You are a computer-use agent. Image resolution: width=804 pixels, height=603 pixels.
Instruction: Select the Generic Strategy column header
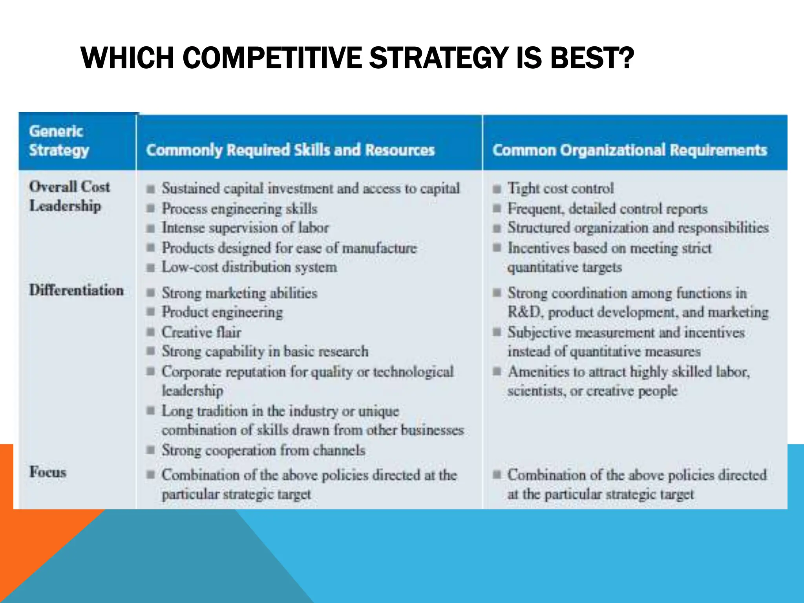pos(59,141)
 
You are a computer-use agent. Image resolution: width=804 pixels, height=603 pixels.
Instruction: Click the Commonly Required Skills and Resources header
pos(291,150)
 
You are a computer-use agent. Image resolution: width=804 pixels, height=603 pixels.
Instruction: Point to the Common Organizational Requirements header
pos(630,150)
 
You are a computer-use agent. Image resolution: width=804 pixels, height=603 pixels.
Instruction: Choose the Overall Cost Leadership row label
pos(69,196)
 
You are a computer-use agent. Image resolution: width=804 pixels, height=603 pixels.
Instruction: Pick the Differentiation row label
pos(77,290)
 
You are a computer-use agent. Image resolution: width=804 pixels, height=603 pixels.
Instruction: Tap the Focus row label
pos(48,472)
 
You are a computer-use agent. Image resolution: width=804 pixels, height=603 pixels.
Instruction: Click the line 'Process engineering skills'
pos(239,208)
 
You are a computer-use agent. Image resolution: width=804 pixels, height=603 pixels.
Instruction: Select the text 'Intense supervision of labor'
pos(245,228)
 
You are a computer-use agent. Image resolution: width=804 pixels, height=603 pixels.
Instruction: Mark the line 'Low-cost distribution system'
pos(249,267)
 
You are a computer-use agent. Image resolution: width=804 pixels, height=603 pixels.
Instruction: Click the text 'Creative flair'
pos(201,332)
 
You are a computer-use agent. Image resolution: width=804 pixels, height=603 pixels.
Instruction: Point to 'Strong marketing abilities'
pos(239,293)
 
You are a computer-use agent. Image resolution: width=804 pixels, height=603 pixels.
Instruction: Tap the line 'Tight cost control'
pos(560,188)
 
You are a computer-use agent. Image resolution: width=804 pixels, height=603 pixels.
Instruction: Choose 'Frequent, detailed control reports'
pos(607,208)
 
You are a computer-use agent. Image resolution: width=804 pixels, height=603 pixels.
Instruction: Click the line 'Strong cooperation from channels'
pos(263,450)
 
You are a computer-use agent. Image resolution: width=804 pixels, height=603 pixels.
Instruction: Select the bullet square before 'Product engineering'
pos(151,312)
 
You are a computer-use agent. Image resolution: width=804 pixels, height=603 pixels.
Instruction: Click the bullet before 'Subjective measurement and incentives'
pos(497,332)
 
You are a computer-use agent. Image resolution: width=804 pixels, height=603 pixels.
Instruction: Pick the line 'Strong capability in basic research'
pos(265,351)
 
